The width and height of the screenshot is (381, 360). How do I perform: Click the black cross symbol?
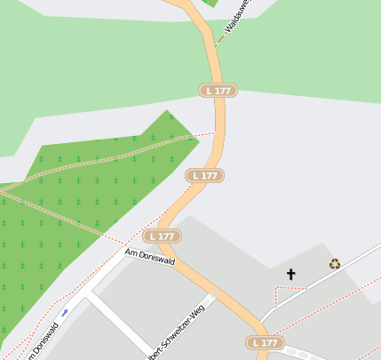290,274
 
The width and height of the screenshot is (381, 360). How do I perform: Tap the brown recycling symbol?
335,263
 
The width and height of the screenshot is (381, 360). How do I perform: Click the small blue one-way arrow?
65,313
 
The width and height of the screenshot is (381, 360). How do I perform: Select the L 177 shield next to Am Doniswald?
163,236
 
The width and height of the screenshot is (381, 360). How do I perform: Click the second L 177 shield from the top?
203,176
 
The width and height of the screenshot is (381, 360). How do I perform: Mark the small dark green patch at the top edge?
210,3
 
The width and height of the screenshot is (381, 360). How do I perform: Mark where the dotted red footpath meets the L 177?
217,134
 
